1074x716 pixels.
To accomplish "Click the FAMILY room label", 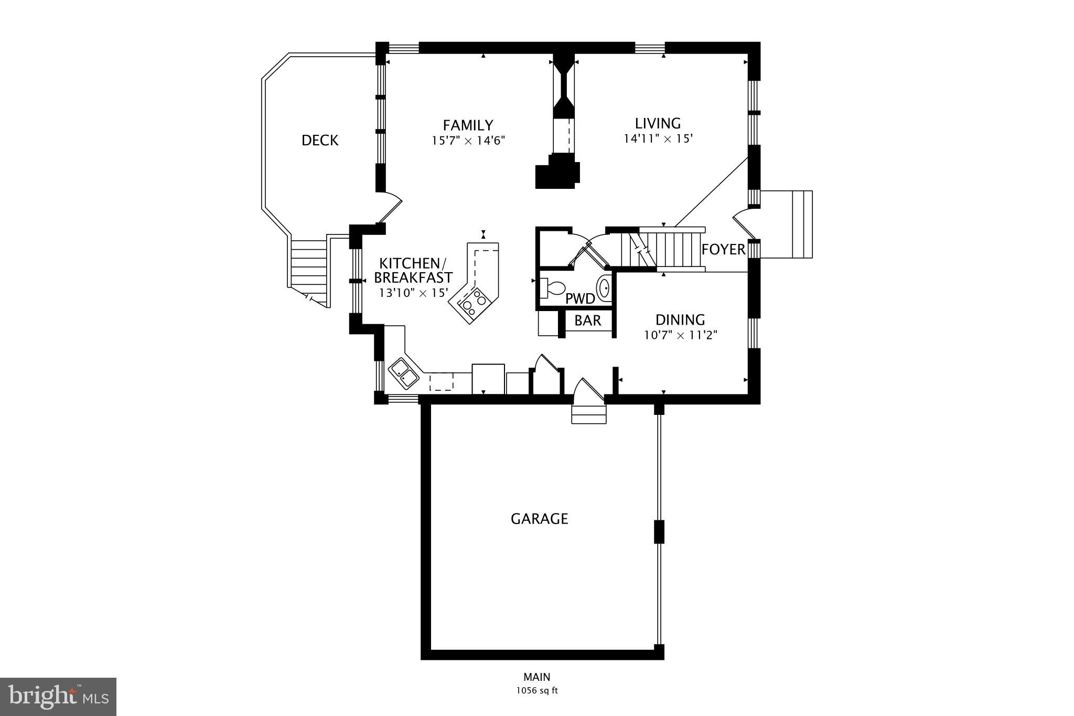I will pos(468,125).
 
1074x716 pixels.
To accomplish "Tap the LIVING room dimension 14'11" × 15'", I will pos(658,139).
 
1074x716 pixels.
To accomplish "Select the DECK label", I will pos(320,141).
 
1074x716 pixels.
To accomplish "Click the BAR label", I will pos(587,320).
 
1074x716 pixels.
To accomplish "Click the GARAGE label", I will pos(539,519).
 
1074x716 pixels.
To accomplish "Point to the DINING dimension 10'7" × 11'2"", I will pos(680,335).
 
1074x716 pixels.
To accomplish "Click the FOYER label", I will pos(723,249).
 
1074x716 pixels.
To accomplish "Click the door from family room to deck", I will pos(390,208).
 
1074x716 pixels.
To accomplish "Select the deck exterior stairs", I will pos(309,270).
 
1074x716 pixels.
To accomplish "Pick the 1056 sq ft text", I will pos(536,691).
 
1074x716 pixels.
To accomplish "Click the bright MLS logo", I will pos(58,697).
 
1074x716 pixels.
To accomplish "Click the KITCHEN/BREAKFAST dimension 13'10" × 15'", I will pos(413,293).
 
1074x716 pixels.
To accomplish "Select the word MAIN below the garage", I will pos(536,677).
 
